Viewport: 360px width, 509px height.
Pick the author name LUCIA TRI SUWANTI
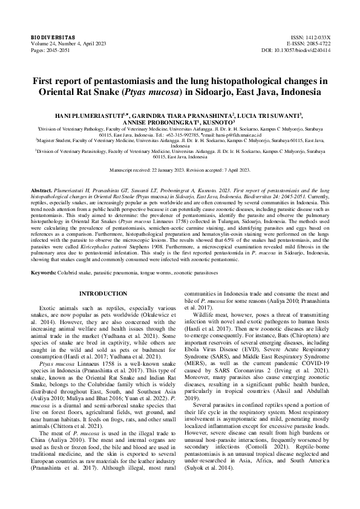[x=258, y=114]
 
